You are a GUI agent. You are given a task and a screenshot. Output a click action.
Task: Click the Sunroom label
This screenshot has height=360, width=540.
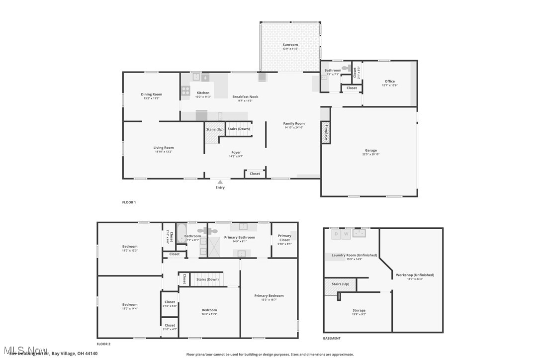click(290, 45)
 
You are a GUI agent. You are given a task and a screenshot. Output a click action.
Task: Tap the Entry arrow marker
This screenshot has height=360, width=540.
click(220, 182)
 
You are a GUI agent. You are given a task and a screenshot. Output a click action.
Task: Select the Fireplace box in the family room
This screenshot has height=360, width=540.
click(326, 133)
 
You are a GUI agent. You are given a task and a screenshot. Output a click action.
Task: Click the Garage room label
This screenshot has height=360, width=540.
click(371, 150)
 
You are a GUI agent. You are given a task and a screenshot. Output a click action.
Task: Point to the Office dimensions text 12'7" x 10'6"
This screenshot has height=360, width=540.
click(390, 86)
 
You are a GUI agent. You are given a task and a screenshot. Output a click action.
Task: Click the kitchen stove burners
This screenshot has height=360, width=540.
click(185, 90)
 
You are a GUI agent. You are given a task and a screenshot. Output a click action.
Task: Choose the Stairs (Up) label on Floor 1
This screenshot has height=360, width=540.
click(215, 129)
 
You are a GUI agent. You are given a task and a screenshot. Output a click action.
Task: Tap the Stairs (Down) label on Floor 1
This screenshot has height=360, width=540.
click(239, 129)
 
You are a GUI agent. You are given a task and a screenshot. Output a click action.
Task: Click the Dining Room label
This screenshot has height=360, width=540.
click(152, 94)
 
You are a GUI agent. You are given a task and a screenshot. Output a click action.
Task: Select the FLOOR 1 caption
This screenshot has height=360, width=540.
click(129, 202)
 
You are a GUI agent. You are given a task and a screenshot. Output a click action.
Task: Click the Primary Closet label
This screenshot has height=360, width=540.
click(284, 238)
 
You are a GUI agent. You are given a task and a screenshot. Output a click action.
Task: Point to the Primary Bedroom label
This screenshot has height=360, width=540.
click(269, 295)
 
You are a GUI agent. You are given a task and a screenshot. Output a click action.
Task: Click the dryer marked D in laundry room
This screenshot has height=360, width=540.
click(336, 233)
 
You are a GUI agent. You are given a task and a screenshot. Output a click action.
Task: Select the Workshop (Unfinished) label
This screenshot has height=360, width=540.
click(415, 275)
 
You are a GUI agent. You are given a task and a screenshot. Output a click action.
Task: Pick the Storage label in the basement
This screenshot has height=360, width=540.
click(359, 310)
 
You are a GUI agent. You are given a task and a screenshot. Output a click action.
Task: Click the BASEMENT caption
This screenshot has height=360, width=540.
click(332, 339)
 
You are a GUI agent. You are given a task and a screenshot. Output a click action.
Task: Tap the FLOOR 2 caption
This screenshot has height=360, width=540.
click(103, 344)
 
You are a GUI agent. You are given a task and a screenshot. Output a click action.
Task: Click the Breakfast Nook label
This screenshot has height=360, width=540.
click(245, 96)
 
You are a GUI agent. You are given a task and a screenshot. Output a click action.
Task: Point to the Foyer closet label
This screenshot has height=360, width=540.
click(255, 174)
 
